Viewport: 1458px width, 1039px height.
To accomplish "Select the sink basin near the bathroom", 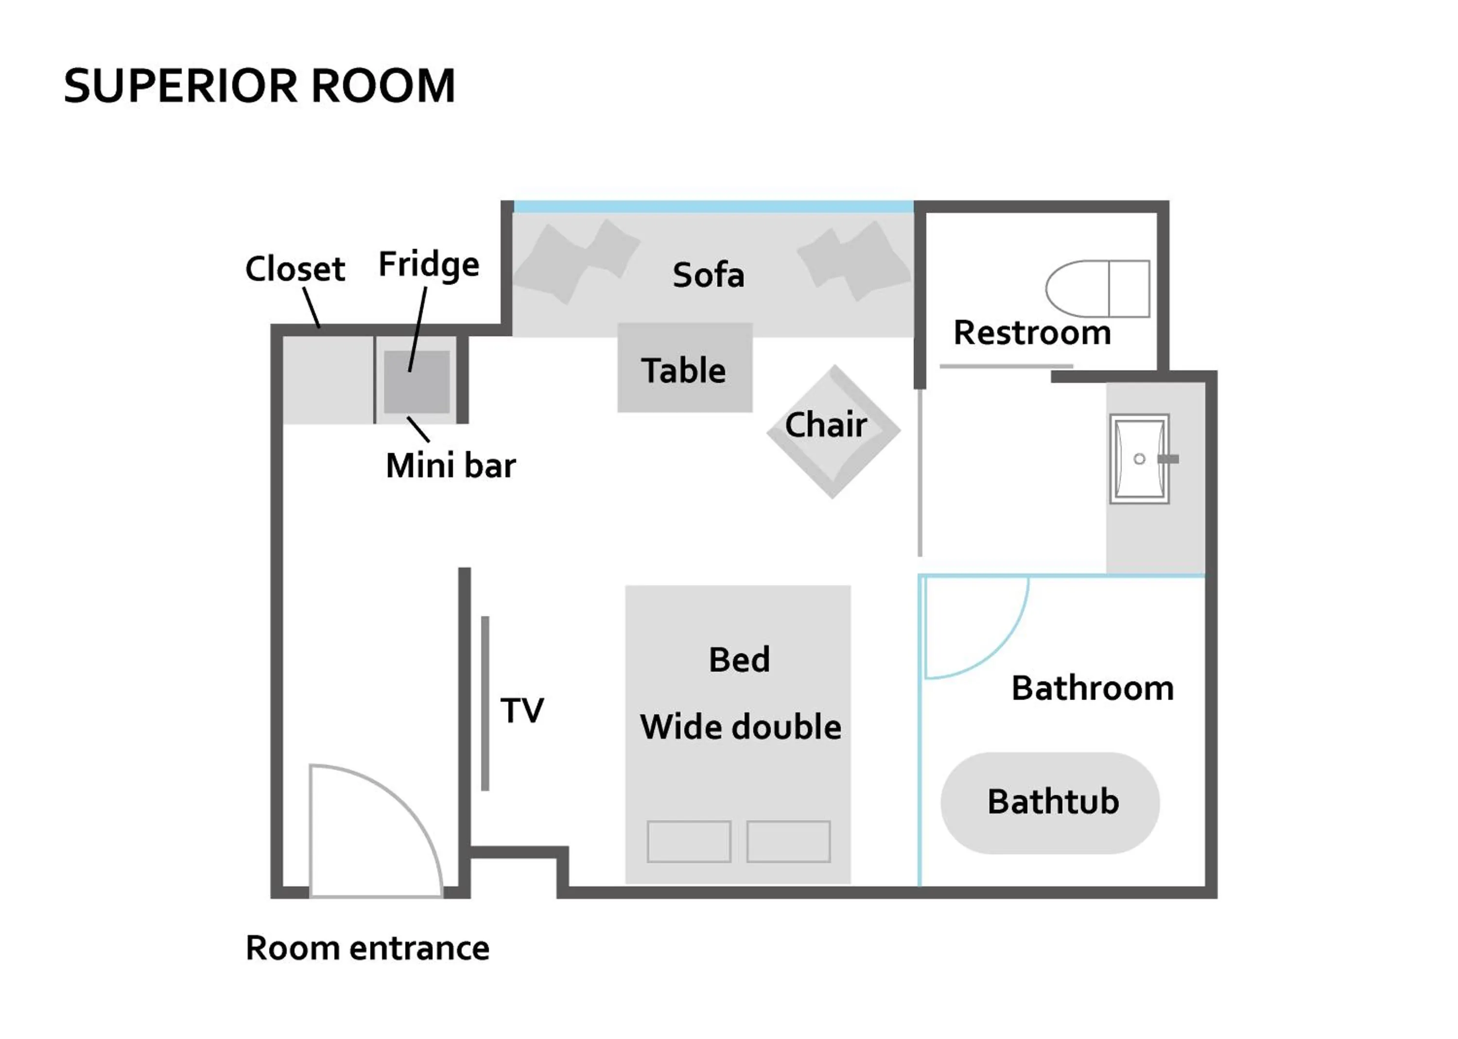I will [x=1139, y=459].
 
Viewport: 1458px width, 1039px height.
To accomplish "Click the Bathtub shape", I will [x=1049, y=803].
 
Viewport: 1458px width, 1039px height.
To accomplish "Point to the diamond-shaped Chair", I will [x=833, y=431].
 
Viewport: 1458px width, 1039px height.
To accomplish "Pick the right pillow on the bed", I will [x=788, y=841].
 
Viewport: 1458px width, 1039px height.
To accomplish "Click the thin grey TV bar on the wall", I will [x=485, y=704].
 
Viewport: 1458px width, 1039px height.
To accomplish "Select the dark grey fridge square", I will [x=417, y=382].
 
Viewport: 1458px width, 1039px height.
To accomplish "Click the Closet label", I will [x=295, y=269].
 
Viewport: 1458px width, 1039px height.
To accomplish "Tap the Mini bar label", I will [x=451, y=465].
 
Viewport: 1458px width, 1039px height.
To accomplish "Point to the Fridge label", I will [x=429, y=265].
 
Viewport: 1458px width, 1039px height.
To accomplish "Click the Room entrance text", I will [x=367, y=948].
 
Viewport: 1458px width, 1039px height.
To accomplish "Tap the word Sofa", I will [x=708, y=275].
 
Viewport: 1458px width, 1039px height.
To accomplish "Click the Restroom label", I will [x=1031, y=333].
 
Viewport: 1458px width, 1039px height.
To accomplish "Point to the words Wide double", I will [x=740, y=727].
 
